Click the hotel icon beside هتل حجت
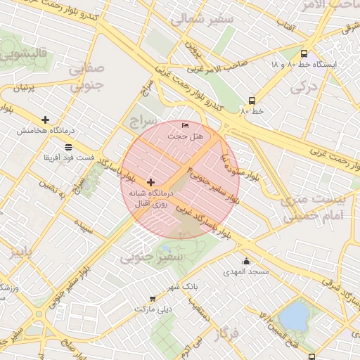185,126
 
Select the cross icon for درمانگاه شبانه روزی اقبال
150,181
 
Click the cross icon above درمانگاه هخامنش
46,120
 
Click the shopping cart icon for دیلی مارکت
153,299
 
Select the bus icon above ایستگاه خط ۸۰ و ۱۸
304,53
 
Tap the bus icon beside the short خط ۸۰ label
252,101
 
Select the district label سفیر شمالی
210,19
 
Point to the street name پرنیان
27,88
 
